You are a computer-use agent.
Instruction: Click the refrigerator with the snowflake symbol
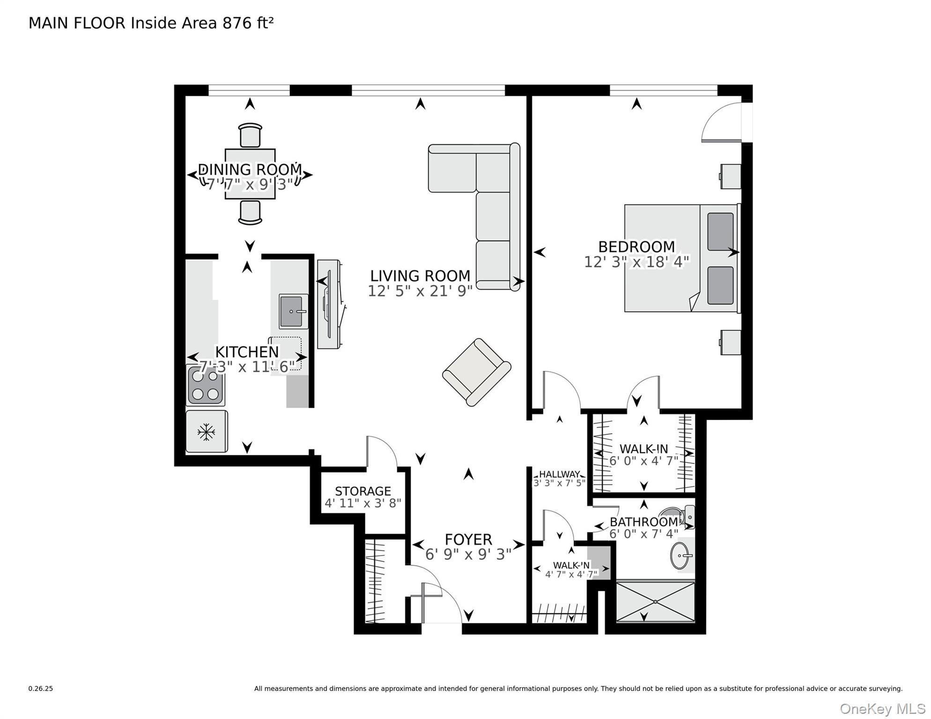(x=207, y=432)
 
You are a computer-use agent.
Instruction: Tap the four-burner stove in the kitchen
(x=206, y=386)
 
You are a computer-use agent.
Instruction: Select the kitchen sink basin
(x=291, y=311)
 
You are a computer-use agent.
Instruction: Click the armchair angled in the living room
(x=476, y=372)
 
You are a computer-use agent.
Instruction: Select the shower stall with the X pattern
(x=655, y=602)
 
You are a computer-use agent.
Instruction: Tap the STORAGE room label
(x=362, y=491)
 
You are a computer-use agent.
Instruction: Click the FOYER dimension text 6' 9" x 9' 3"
(x=468, y=554)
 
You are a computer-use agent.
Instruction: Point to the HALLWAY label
(x=559, y=474)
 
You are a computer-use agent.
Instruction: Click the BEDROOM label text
(x=636, y=247)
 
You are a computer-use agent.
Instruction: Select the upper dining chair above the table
(x=250, y=136)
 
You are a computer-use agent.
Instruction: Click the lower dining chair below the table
(x=250, y=213)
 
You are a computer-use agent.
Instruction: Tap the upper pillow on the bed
(x=720, y=232)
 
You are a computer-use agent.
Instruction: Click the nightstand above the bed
(x=730, y=176)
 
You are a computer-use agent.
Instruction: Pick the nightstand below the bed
(x=730, y=342)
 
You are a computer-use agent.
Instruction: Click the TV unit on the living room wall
(x=329, y=304)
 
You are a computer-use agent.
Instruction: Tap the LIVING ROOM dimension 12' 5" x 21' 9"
(x=420, y=291)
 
